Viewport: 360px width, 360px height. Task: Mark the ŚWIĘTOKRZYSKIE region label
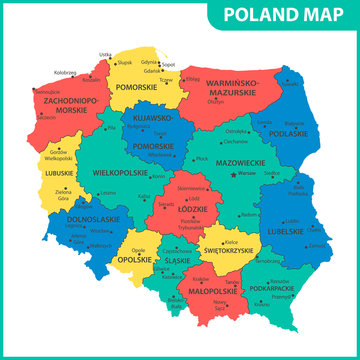point(231,250)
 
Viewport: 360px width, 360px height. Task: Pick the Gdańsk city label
point(152,71)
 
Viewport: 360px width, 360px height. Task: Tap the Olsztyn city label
point(215,101)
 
